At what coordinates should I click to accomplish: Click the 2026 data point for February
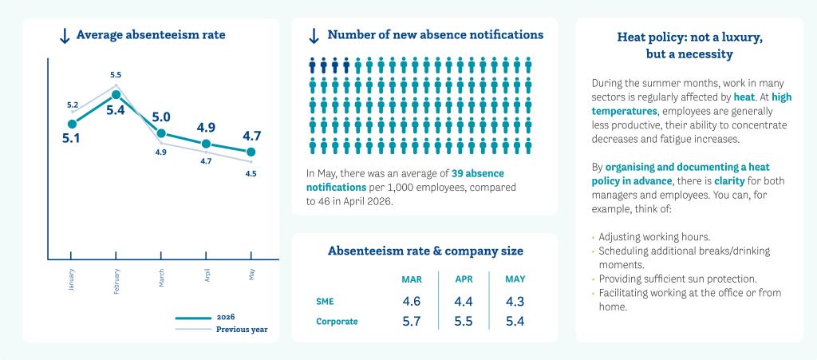tap(116, 95)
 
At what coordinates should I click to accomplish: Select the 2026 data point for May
tap(251, 152)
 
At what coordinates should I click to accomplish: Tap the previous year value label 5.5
tap(116, 75)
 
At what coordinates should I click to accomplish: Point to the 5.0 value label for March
tap(161, 117)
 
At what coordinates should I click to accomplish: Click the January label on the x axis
tap(72, 279)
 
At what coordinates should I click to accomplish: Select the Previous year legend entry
tap(222, 329)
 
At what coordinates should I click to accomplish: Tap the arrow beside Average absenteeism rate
tap(65, 36)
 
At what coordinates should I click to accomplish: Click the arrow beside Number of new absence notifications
tap(314, 36)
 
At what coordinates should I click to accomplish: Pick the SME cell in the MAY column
tap(515, 301)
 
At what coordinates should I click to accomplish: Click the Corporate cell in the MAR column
tap(412, 322)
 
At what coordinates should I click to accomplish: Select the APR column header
tap(464, 279)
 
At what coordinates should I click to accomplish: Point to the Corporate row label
tap(337, 322)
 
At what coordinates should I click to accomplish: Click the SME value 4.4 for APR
tap(464, 301)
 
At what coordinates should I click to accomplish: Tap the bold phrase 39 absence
tap(478, 173)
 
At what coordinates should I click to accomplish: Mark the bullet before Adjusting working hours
tap(593, 236)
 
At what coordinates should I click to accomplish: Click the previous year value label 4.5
tap(251, 174)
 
